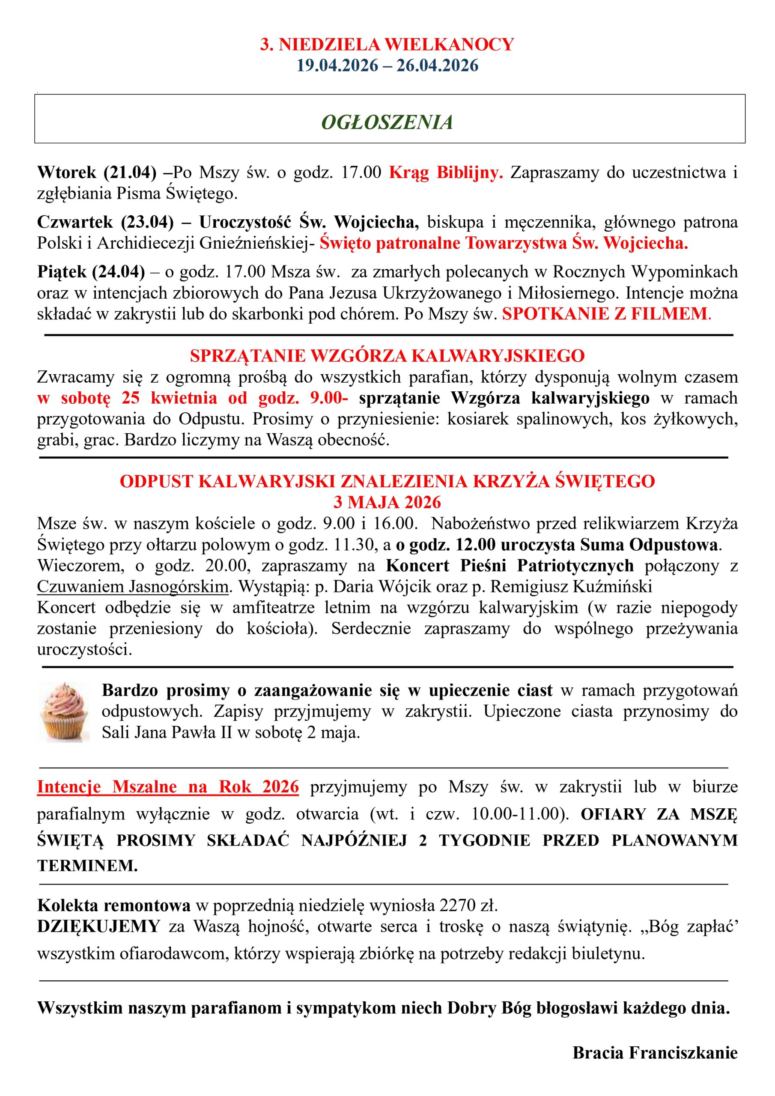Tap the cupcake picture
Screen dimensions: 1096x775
63,712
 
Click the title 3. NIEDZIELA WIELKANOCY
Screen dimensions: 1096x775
387,45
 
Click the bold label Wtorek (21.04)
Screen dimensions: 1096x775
97,173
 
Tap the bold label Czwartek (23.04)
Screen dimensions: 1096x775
105,222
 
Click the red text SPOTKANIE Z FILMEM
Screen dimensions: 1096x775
605,314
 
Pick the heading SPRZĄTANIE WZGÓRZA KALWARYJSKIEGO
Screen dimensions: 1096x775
387,356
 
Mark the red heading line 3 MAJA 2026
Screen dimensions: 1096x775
387,502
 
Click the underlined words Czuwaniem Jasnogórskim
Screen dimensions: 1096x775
133,586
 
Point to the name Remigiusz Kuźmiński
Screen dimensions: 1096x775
571,586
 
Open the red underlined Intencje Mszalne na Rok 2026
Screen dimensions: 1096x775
168,786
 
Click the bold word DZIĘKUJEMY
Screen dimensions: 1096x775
98,926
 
